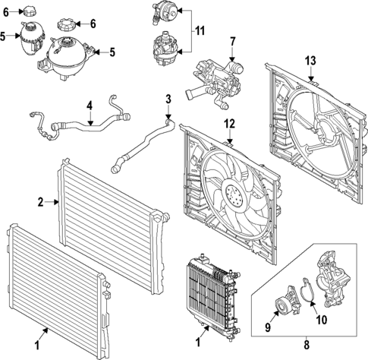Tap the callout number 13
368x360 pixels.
coord(311,61)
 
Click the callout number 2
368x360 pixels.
coord(41,202)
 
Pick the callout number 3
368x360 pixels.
coord(168,99)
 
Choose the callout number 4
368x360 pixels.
coord(90,105)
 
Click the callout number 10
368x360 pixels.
coord(320,320)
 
